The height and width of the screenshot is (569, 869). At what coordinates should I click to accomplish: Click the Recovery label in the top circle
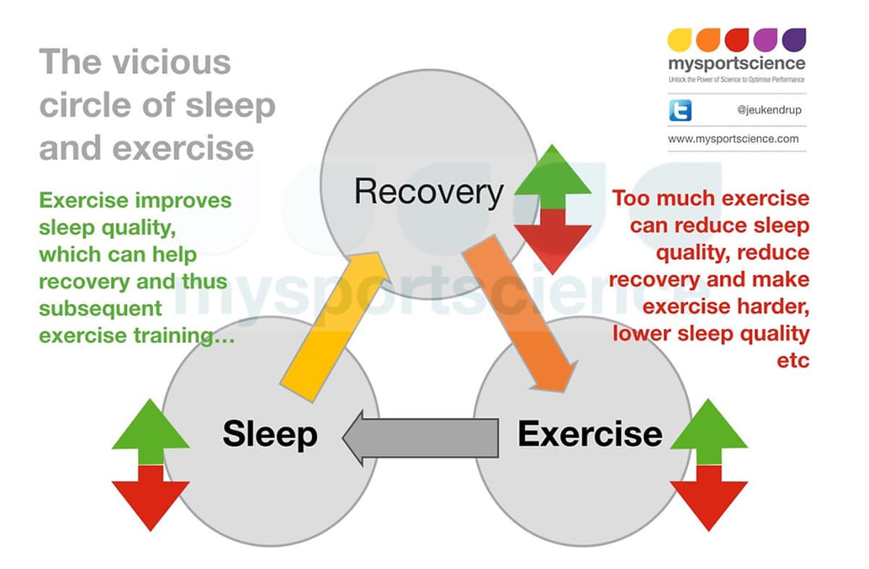pyautogui.click(x=429, y=192)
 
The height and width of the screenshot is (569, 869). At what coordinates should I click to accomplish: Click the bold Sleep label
pyautogui.click(x=270, y=434)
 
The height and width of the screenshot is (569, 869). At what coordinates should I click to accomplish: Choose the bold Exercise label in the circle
pyautogui.click(x=589, y=434)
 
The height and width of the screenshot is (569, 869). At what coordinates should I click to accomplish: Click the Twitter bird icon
pyautogui.click(x=679, y=111)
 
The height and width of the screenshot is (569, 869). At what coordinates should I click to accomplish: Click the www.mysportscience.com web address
pyautogui.click(x=733, y=138)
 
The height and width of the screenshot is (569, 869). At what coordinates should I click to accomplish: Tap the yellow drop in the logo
pyautogui.click(x=679, y=38)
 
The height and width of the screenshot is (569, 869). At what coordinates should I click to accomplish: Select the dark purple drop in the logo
pyautogui.click(x=794, y=38)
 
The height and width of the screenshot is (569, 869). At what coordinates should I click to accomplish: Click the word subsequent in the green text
pyautogui.click(x=101, y=308)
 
